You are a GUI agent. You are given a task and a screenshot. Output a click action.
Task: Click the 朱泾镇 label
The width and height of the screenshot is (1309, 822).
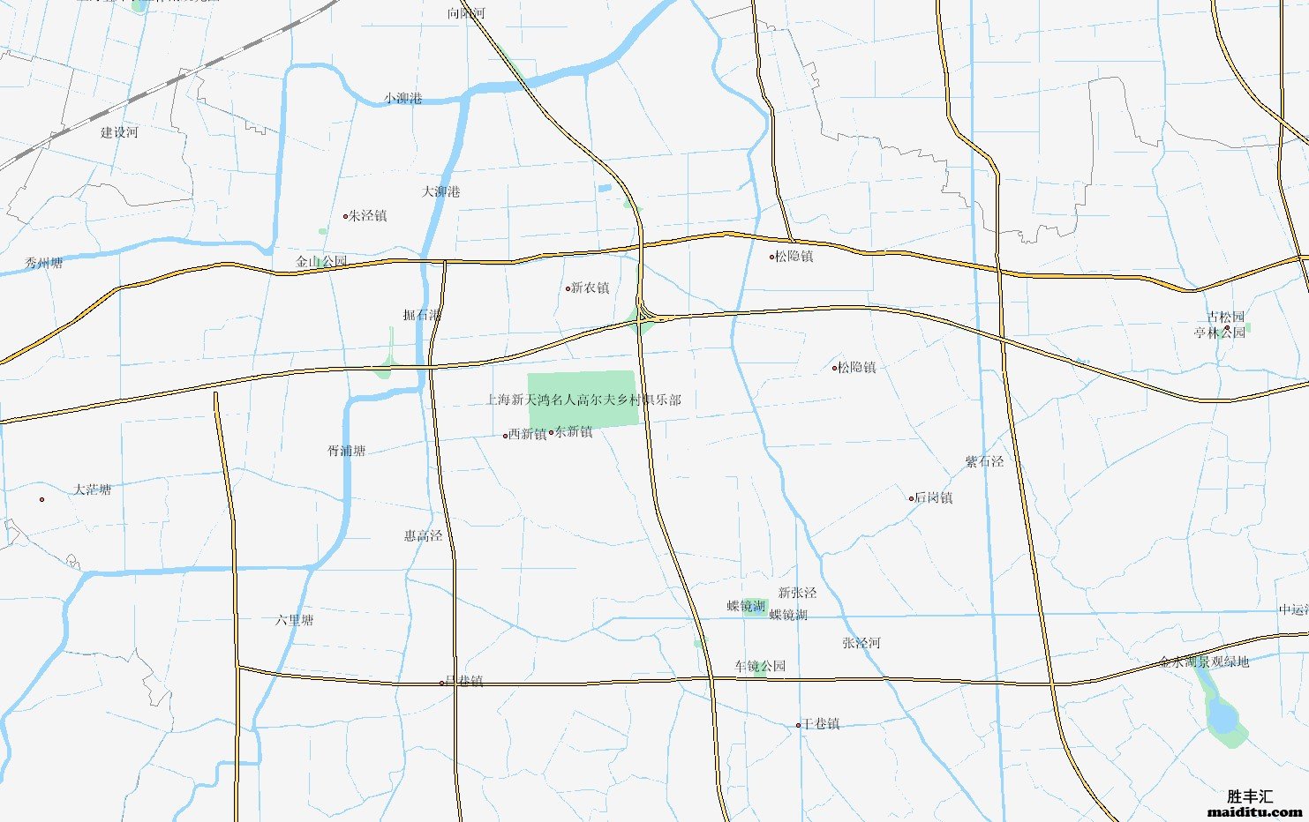367,215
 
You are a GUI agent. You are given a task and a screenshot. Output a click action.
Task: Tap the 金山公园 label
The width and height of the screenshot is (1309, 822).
321,262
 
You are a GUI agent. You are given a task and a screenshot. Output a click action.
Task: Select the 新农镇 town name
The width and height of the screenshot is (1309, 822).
590,288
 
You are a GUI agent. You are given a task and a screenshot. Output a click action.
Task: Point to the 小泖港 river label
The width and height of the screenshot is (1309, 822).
402,98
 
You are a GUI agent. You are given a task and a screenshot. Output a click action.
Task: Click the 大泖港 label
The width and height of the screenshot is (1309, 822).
440,191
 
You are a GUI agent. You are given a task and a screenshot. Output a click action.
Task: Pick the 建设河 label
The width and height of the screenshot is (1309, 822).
119,132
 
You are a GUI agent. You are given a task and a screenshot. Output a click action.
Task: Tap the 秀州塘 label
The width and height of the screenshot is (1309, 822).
44,263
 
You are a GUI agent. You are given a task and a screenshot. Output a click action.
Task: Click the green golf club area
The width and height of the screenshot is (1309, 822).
583,415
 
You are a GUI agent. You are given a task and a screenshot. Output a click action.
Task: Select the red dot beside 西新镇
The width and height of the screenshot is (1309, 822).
506,436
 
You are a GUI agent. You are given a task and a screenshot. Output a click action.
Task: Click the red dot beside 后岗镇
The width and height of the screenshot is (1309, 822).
912,498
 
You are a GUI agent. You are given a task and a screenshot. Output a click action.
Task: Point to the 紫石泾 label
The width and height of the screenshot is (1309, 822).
984,461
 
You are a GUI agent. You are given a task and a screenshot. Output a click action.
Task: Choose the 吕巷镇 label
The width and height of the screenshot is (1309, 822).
464,681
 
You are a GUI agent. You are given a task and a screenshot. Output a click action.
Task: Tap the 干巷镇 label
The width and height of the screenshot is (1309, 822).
821,724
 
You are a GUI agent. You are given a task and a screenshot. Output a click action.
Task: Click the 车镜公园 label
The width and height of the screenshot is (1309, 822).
760,666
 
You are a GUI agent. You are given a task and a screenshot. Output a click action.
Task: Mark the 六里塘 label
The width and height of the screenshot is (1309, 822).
294,620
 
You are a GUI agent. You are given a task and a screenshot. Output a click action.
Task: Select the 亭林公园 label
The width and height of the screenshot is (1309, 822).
1219,333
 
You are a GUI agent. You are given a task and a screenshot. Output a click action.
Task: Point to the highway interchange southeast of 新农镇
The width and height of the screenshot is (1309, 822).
643,315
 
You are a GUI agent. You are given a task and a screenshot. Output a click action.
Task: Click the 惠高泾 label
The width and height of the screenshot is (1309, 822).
423,535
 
